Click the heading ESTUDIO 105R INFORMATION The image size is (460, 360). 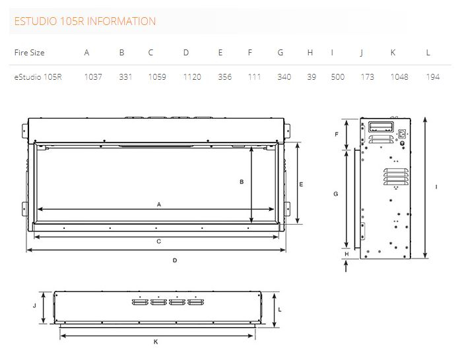tap(84, 21)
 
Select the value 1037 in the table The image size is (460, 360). tap(93, 76)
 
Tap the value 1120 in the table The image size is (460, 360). tap(192, 76)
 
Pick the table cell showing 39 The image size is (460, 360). tap(312, 76)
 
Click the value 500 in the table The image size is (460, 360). tap(338, 76)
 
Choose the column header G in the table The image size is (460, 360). tap(280, 53)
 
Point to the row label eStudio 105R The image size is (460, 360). tap(38, 76)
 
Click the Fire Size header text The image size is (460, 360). tap(29, 53)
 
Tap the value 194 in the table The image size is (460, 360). tap(433, 76)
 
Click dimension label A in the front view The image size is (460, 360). tap(159, 204)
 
